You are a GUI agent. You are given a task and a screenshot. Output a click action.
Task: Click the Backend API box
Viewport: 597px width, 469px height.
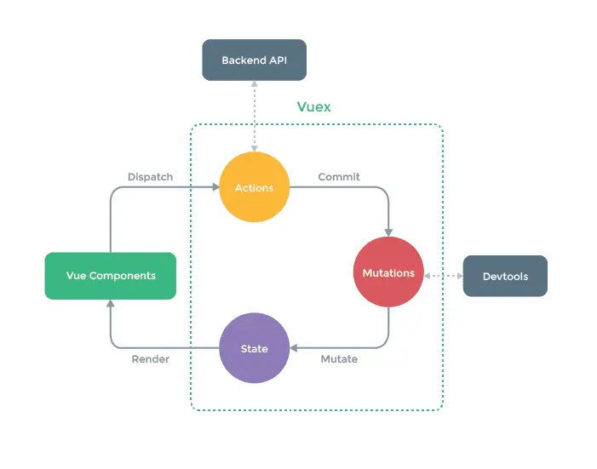(x=253, y=60)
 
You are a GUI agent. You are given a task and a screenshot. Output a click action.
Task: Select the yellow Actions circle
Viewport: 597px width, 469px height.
(x=254, y=187)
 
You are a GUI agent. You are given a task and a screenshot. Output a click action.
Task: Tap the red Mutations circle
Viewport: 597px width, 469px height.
(x=388, y=272)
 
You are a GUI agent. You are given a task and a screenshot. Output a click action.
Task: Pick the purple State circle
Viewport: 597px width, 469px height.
(x=254, y=348)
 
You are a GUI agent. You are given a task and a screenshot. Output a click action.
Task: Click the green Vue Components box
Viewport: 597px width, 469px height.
(x=111, y=276)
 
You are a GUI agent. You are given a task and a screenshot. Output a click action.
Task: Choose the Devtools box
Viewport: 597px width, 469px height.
(x=505, y=276)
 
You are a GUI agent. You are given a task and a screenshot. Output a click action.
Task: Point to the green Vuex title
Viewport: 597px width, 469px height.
(x=313, y=107)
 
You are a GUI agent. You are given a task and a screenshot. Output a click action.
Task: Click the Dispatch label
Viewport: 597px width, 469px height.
(x=150, y=177)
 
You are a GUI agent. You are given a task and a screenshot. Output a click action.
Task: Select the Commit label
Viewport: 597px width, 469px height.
(x=339, y=177)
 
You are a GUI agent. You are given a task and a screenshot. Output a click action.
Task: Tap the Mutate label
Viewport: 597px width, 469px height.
(x=339, y=359)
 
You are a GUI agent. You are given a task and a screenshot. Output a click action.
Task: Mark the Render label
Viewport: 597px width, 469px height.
(x=150, y=359)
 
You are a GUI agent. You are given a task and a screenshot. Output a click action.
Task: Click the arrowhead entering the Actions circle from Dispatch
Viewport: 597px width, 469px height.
(x=214, y=187)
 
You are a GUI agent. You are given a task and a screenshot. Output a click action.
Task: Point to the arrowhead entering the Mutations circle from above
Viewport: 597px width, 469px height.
(x=388, y=232)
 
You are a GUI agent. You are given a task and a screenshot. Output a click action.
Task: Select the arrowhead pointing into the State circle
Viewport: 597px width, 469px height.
(x=295, y=348)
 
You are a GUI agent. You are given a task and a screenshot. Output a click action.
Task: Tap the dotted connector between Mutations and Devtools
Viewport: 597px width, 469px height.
(x=443, y=276)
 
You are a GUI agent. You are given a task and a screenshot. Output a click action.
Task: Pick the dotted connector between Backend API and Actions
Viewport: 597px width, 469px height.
(x=254, y=116)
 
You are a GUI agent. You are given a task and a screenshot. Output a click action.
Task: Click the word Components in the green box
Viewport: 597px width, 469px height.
(x=123, y=276)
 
